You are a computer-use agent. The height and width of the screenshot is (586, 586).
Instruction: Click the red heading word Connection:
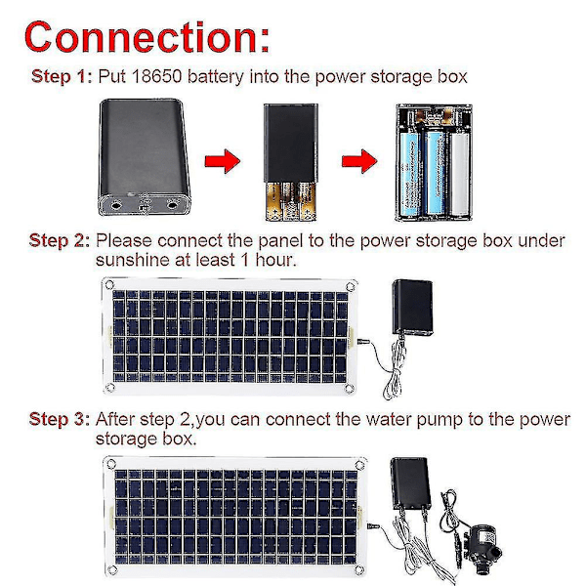pyautogui.click(x=146, y=37)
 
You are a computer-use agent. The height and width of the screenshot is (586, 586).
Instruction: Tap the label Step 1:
pyautogui.click(x=63, y=76)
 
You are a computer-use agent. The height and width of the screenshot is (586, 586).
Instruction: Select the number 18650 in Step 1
pyautogui.click(x=156, y=76)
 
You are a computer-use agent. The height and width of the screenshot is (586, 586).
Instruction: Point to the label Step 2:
pyautogui.click(x=60, y=240)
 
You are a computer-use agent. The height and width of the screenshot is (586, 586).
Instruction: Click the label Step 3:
pyautogui.click(x=60, y=419)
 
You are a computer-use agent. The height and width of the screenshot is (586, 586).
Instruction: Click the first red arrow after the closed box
pyautogui.click(x=223, y=161)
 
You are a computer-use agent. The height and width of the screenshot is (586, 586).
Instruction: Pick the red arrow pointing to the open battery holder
pyautogui.click(x=359, y=161)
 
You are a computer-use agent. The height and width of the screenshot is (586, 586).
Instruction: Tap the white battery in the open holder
pyautogui.click(x=460, y=174)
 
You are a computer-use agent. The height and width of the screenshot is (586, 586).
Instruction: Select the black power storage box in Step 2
pyautogui.click(x=412, y=308)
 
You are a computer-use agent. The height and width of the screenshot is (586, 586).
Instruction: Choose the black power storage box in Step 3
pyautogui.click(x=410, y=483)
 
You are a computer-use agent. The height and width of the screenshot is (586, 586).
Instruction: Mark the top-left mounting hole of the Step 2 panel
pyautogui.click(x=109, y=285)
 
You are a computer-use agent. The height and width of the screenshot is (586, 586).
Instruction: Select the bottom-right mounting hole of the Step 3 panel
pyautogui.click(x=359, y=570)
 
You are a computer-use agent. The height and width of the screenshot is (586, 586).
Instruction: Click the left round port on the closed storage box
pyautogui.click(x=116, y=205)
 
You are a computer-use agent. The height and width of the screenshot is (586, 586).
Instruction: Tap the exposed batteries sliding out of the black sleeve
pyautogui.click(x=291, y=201)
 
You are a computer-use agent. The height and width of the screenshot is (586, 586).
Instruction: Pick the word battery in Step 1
pyautogui.click(x=216, y=77)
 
